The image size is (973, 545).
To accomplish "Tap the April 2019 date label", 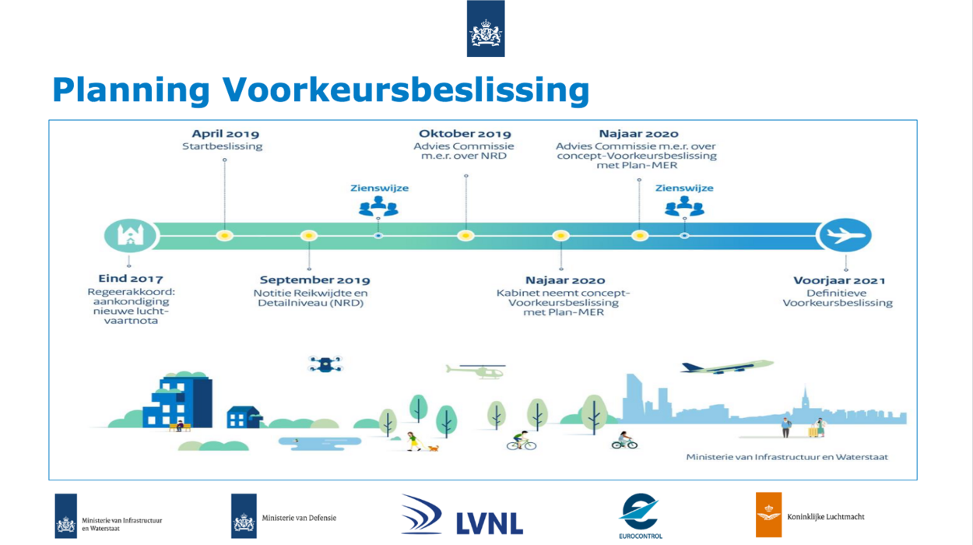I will [x=225, y=134].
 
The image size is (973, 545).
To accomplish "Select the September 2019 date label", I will [x=314, y=280].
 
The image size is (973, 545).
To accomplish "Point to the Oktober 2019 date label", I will [x=465, y=134].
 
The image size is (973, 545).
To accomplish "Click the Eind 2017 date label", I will [x=131, y=279].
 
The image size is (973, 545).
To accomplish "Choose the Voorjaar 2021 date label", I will [x=839, y=280].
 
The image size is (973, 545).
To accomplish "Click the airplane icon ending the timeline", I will [x=846, y=235].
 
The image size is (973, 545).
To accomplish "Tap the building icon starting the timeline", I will [x=129, y=235].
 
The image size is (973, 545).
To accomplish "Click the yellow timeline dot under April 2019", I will [x=225, y=235].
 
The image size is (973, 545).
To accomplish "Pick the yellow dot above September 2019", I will [x=309, y=235].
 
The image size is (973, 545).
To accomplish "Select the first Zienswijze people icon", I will [x=378, y=206].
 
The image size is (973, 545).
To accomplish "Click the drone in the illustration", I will [x=325, y=364].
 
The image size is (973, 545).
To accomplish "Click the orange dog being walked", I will [x=432, y=448].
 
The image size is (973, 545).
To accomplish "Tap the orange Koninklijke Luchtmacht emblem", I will [x=768, y=515].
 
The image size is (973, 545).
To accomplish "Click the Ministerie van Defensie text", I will [x=299, y=518].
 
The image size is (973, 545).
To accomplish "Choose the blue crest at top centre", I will [x=485, y=29].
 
